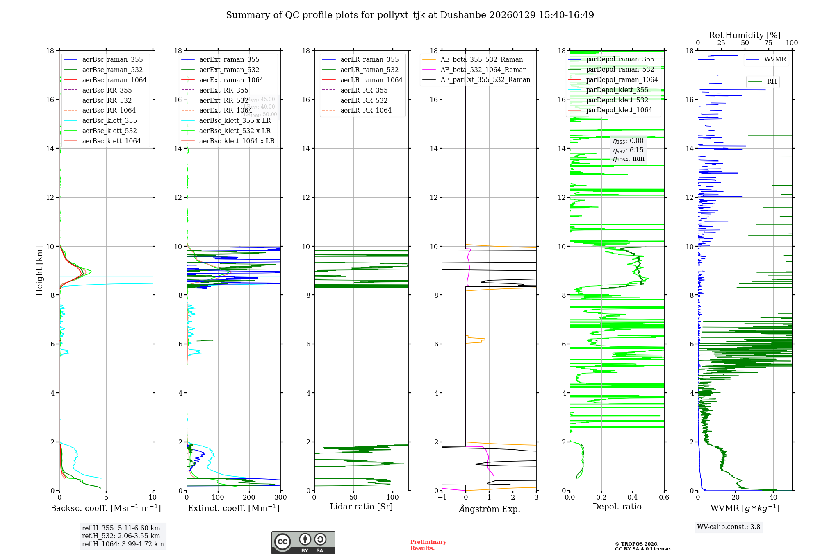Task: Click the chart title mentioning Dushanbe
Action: click(410, 15)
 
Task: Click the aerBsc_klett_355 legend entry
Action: click(109, 120)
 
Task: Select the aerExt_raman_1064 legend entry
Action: click(231, 80)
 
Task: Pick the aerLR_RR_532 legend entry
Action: click(364, 100)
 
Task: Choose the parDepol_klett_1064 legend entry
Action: click(619, 110)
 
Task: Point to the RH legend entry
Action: click(772, 82)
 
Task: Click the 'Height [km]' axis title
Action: click(39, 270)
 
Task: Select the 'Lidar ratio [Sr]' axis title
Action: click(361, 507)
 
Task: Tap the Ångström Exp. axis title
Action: click(489, 509)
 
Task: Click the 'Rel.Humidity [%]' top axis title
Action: click(745, 35)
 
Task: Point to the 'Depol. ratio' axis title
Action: click(617, 507)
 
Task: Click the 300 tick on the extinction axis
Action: click(280, 497)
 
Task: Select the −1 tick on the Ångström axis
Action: click(442, 497)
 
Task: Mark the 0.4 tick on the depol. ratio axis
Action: click(633, 497)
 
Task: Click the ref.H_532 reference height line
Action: click(121, 536)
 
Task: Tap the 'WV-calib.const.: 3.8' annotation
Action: click(728, 527)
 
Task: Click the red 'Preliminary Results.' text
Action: click(428, 545)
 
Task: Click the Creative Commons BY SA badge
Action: click(303, 542)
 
